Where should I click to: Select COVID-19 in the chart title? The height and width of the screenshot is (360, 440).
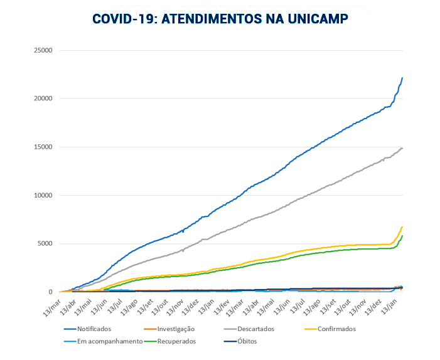123,19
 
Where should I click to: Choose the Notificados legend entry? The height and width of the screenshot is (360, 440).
94,329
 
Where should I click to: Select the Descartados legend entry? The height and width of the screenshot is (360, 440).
251,329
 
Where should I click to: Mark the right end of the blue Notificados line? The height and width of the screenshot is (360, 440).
402,78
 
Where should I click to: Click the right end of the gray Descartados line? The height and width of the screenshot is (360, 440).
402,148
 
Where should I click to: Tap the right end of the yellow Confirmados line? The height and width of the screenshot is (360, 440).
402,227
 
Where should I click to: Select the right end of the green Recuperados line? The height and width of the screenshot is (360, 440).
402,236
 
